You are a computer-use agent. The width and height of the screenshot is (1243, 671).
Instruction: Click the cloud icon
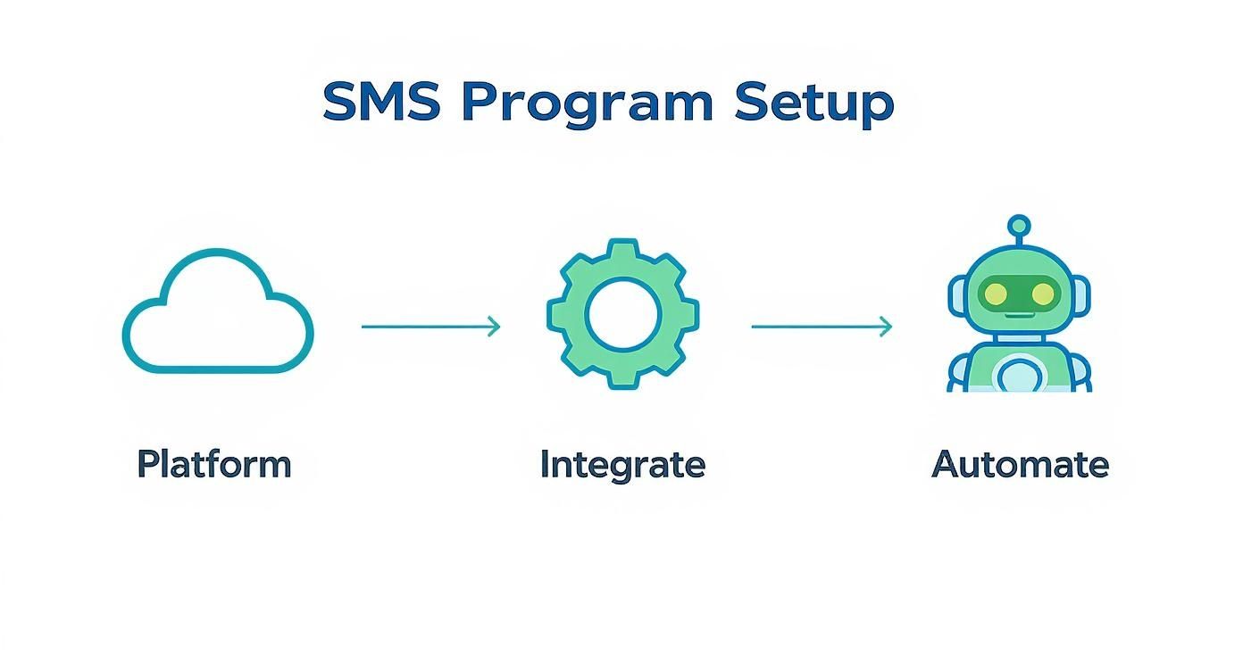218,313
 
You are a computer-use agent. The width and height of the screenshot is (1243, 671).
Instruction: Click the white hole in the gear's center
622,313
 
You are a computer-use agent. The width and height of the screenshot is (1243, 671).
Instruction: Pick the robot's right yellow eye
1041,292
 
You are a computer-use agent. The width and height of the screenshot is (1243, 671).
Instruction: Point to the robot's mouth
1019,313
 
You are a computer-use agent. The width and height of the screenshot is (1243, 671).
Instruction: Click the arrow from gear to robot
821,327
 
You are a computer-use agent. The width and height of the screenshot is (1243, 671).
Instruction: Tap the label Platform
214,464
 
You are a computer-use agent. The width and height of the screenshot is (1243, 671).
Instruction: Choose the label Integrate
622,464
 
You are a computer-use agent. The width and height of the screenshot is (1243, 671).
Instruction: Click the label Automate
1020,464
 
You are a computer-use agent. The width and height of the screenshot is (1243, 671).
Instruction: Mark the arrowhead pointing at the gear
494,327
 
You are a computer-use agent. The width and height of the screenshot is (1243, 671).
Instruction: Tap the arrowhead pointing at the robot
885,327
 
